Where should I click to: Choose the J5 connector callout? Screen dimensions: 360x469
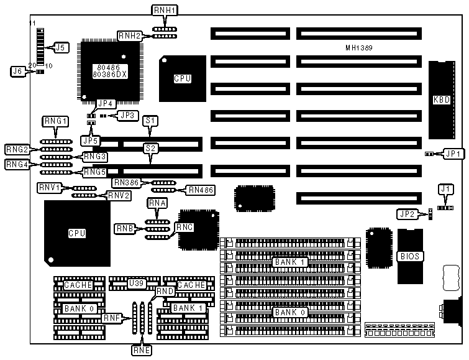60,47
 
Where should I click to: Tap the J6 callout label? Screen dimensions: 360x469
18,72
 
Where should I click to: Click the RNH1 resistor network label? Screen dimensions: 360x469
165,11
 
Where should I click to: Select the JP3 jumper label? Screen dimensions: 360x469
127,115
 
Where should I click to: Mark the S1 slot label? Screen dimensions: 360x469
150,121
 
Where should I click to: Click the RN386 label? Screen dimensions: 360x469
127,183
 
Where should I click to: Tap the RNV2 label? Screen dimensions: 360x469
119,195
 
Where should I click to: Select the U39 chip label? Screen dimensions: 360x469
134,284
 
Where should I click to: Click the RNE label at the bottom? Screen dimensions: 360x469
141,349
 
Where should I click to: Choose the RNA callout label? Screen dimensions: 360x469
157,203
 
